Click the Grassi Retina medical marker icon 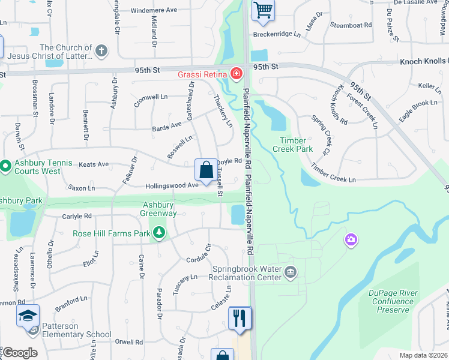click(x=237, y=74)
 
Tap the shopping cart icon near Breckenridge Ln click(x=262, y=11)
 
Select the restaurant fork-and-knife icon click(x=240, y=318)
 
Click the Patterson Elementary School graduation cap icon click(x=28, y=317)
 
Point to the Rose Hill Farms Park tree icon click(x=159, y=232)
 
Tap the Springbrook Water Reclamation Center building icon click(x=291, y=273)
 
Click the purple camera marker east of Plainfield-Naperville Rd click(x=351, y=241)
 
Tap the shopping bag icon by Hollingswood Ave click(x=206, y=170)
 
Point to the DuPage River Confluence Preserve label click(x=394, y=301)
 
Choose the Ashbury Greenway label click(x=158, y=209)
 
